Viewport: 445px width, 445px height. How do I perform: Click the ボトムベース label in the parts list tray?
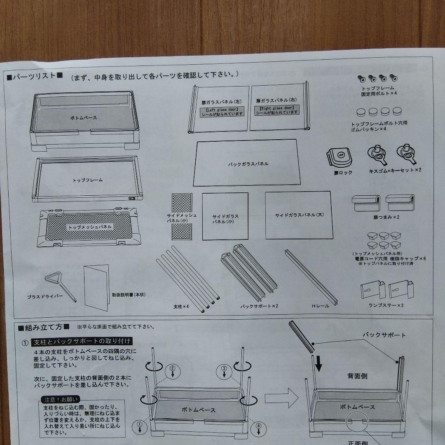point(83,117)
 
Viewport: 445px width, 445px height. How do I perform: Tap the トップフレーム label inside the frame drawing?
point(88,180)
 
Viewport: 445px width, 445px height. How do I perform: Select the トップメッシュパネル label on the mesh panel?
point(89,227)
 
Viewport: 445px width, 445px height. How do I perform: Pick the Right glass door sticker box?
point(277,110)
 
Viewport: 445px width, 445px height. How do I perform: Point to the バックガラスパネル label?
point(248,164)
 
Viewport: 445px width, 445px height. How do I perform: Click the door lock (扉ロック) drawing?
point(340,157)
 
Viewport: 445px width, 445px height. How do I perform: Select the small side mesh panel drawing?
point(182,216)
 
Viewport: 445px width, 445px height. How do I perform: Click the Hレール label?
point(321,306)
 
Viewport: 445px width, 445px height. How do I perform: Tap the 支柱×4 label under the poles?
point(181,307)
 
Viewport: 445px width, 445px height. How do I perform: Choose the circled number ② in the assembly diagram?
point(173,368)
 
